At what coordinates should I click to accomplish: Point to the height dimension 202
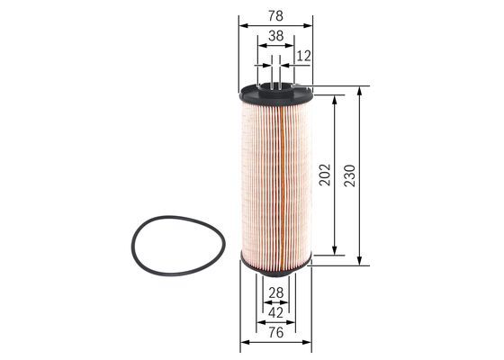325,175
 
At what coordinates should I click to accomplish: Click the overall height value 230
349,175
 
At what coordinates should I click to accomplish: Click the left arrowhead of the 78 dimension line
244,26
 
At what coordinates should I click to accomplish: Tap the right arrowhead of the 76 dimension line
309,343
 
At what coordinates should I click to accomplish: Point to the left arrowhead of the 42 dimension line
259,322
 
